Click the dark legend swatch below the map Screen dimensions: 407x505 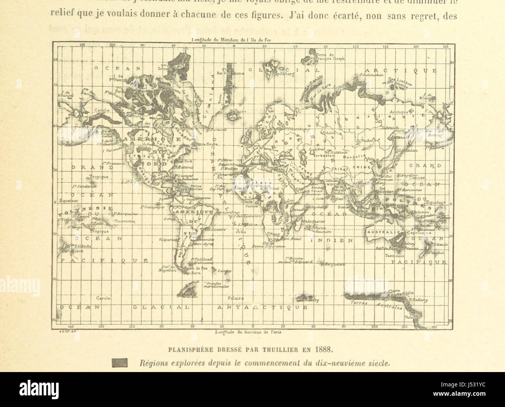pos(120,363)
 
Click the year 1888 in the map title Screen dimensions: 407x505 pos(325,348)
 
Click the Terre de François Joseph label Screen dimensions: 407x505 pos(331,57)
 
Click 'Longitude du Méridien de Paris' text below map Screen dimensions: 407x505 pos(249,332)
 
